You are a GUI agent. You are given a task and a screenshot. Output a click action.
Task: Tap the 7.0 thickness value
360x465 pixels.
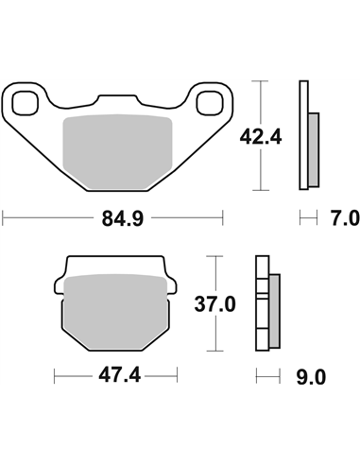pyautogui.click(x=345, y=219)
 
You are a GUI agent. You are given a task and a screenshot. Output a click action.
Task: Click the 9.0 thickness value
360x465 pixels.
pyautogui.click(x=312, y=377)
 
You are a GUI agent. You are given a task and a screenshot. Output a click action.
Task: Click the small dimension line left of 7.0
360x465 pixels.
pyautogui.click(x=307, y=218)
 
